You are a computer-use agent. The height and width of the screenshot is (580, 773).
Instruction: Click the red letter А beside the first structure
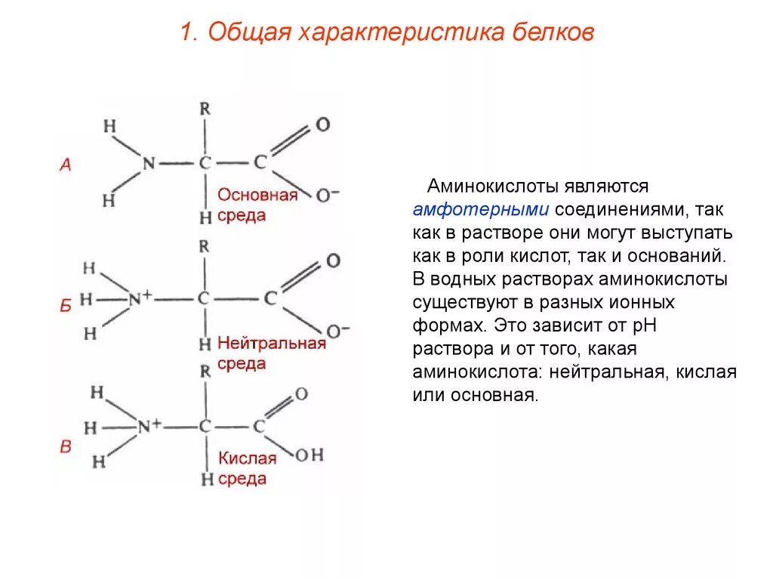(x=66, y=165)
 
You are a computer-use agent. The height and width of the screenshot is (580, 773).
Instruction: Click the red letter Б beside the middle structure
(x=66, y=306)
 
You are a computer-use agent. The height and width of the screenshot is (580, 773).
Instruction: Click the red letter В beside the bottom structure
(x=66, y=447)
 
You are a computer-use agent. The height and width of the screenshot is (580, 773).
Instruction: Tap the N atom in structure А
(x=149, y=164)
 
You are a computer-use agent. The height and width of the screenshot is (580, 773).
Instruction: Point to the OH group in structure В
(x=308, y=455)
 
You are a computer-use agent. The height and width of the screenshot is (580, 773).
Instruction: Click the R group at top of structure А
(x=205, y=108)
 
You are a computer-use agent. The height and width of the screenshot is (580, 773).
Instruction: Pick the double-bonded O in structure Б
(x=332, y=261)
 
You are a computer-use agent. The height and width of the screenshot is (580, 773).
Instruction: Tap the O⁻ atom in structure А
(x=326, y=195)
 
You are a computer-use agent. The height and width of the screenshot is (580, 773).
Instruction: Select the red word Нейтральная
(x=272, y=343)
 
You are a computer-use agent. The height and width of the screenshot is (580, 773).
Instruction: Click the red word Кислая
(x=248, y=458)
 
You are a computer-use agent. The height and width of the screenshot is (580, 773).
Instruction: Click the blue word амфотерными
(x=480, y=209)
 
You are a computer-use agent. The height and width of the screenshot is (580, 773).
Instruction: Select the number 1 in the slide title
(x=186, y=33)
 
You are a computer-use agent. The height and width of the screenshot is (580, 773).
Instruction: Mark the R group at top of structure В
(x=205, y=371)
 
